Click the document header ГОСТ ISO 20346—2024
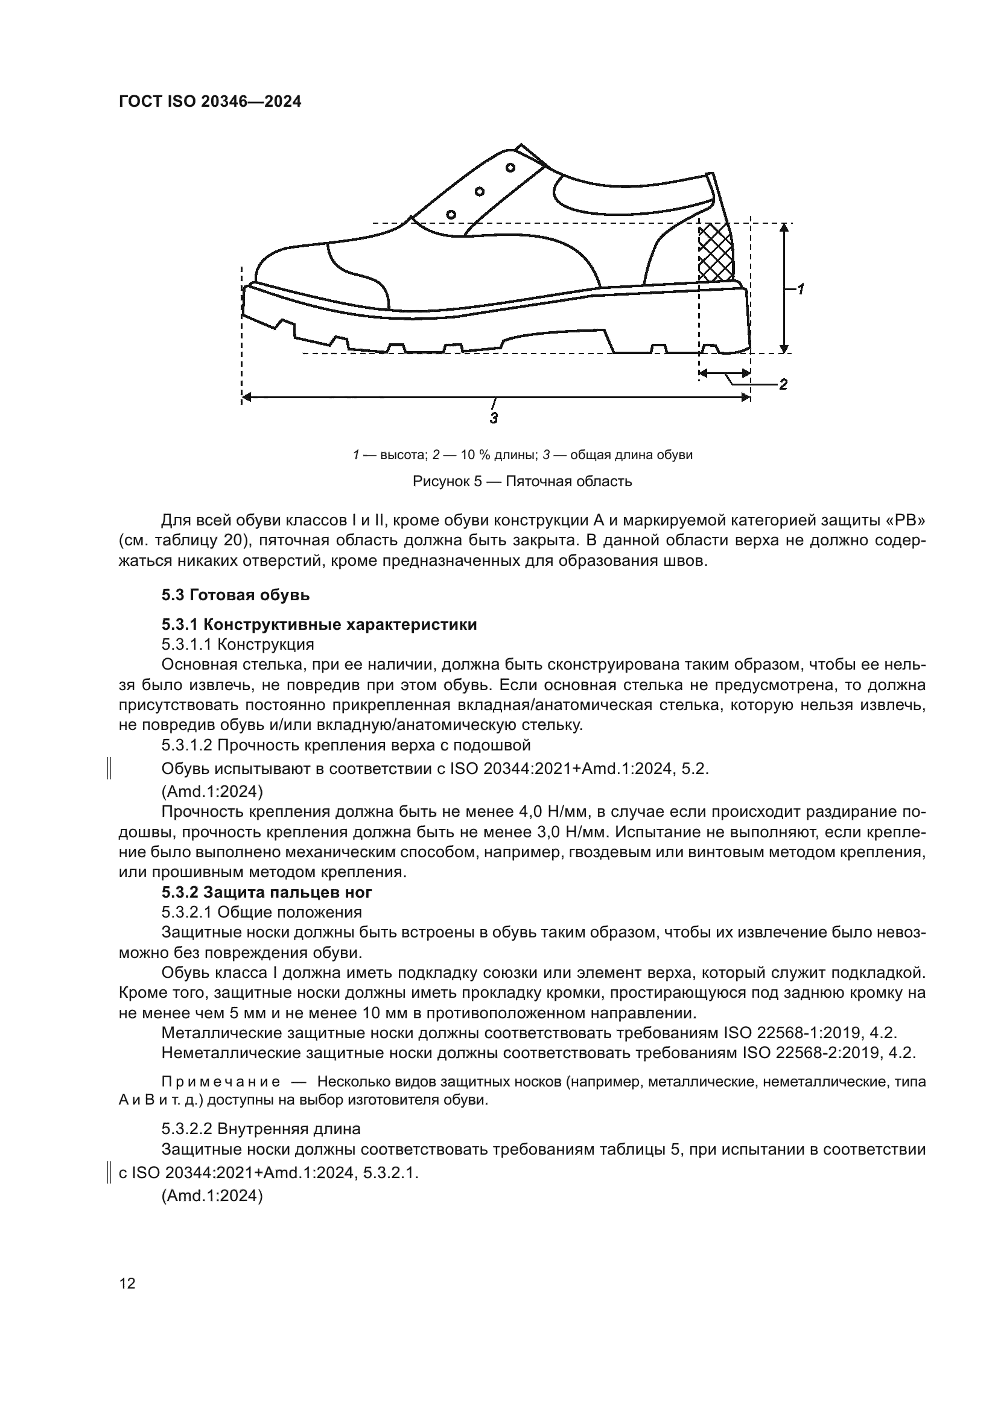pyautogui.click(x=209, y=102)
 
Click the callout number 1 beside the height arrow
pyautogui.click(x=801, y=289)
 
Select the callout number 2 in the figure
pyautogui.click(x=783, y=385)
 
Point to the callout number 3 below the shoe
pyautogui.click(x=494, y=419)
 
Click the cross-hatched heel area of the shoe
pyautogui.click(x=716, y=252)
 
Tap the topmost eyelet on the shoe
pyautogui.click(x=510, y=167)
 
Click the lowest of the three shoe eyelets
pyautogui.click(x=451, y=214)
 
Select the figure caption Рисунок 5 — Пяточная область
pyautogui.click(x=522, y=481)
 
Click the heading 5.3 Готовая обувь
pyautogui.click(x=235, y=595)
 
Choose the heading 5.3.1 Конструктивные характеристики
pyautogui.click(x=319, y=624)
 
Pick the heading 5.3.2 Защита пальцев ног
pyautogui.click(x=267, y=892)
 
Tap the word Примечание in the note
pyautogui.click(x=221, y=1082)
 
